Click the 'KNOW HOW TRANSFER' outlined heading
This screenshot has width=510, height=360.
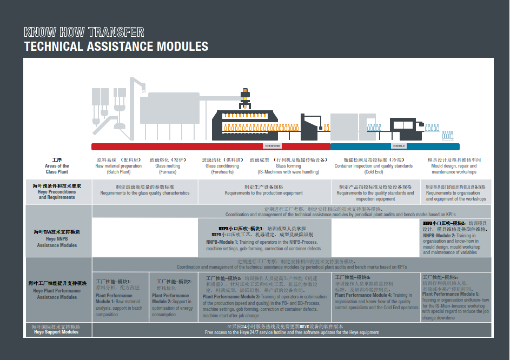[84, 32]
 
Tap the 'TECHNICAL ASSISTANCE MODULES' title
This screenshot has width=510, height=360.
[116, 46]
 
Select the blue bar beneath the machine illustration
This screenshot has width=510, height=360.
[395, 146]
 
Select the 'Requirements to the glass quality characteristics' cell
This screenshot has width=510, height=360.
[145, 190]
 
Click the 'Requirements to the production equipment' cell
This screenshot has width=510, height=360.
[263, 190]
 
